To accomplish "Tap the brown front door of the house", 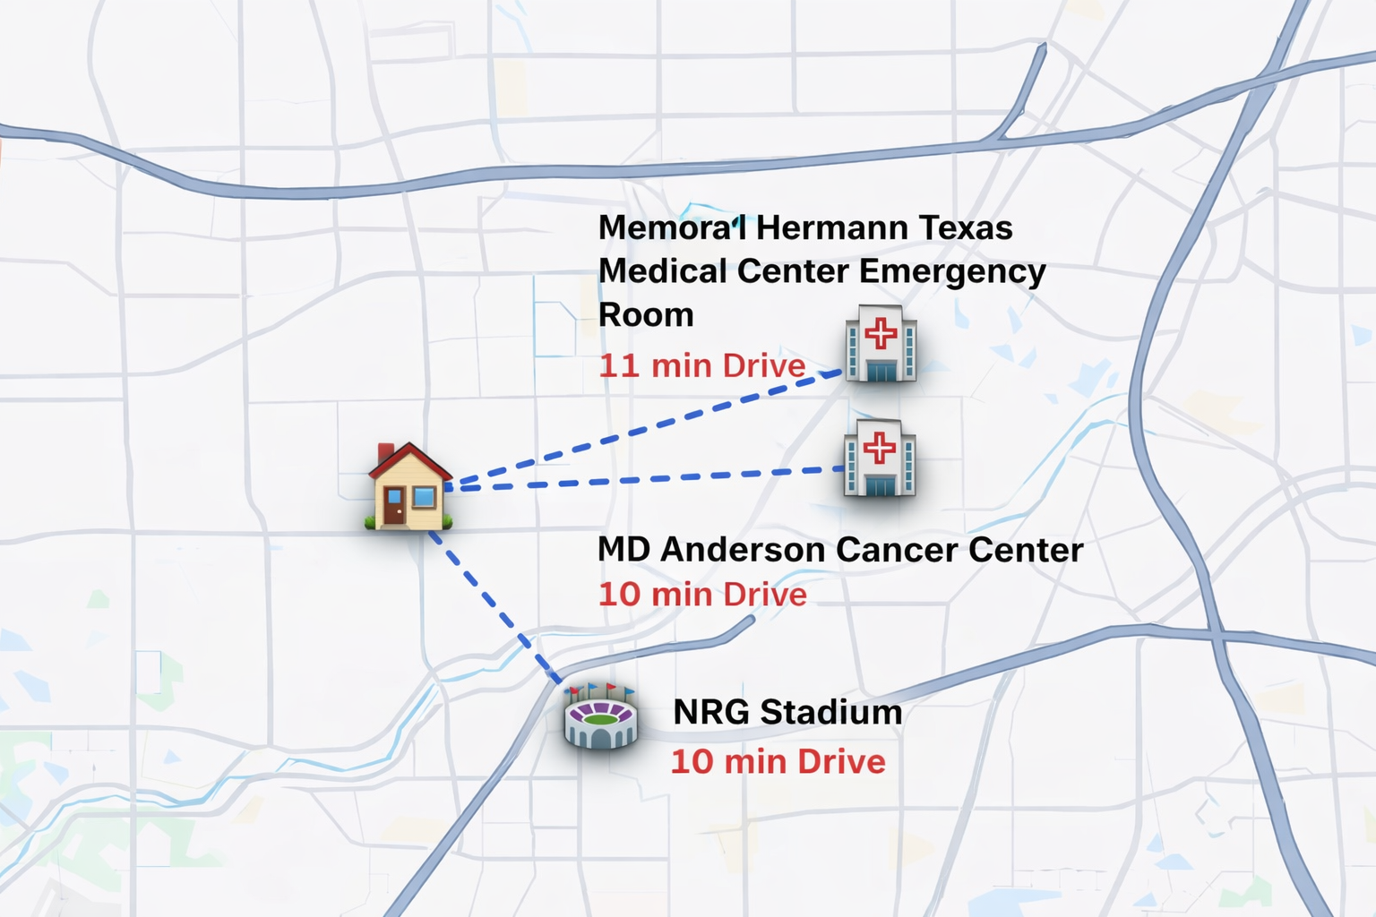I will tap(394, 506).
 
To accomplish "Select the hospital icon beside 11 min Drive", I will tap(881, 344).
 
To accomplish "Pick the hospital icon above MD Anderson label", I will tap(880, 458).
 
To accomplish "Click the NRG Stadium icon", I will tap(600, 716).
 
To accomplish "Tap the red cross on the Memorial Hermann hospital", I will tap(881, 333).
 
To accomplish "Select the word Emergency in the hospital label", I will tap(952, 271).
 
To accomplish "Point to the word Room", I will tap(646, 315).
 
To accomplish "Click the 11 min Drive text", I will tap(702, 365).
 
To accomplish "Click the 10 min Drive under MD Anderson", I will tap(702, 595).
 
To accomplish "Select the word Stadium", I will tap(830, 713).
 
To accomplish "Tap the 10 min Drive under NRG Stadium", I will tap(778, 762).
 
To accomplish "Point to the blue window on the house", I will tap(424, 497).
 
